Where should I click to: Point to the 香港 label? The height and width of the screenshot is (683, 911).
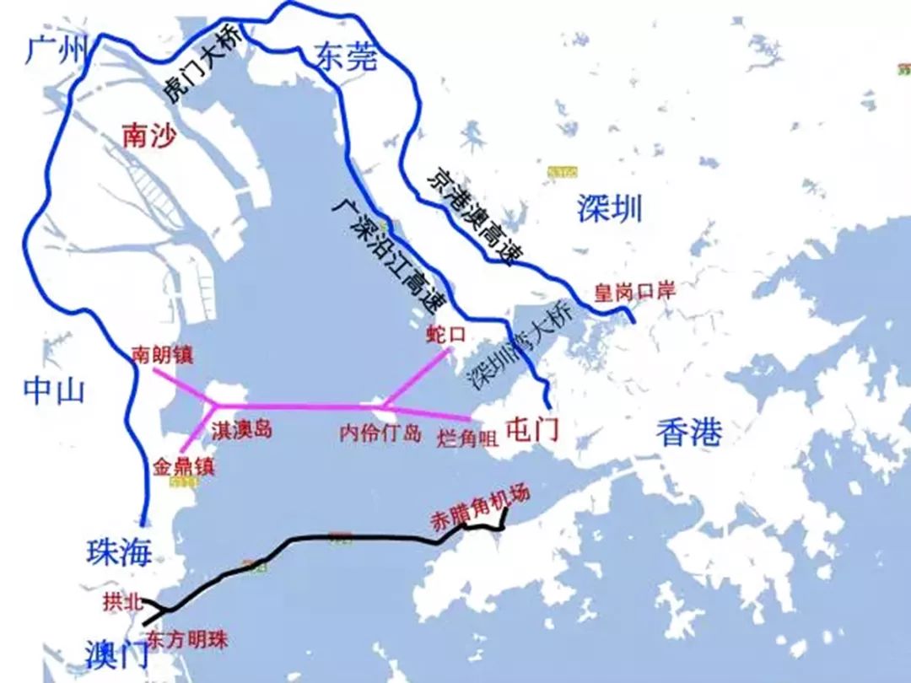point(689,433)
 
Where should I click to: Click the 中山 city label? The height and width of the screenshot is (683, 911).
point(54,390)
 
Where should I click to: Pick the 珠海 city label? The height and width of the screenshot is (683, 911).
point(119,552)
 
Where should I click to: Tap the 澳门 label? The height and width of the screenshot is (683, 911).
point(118,652)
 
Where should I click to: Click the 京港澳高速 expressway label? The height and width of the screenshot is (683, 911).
point(470,216)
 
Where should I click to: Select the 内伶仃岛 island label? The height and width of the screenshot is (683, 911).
point(380,434)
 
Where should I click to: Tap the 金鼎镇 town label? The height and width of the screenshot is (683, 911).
point(184,466)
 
